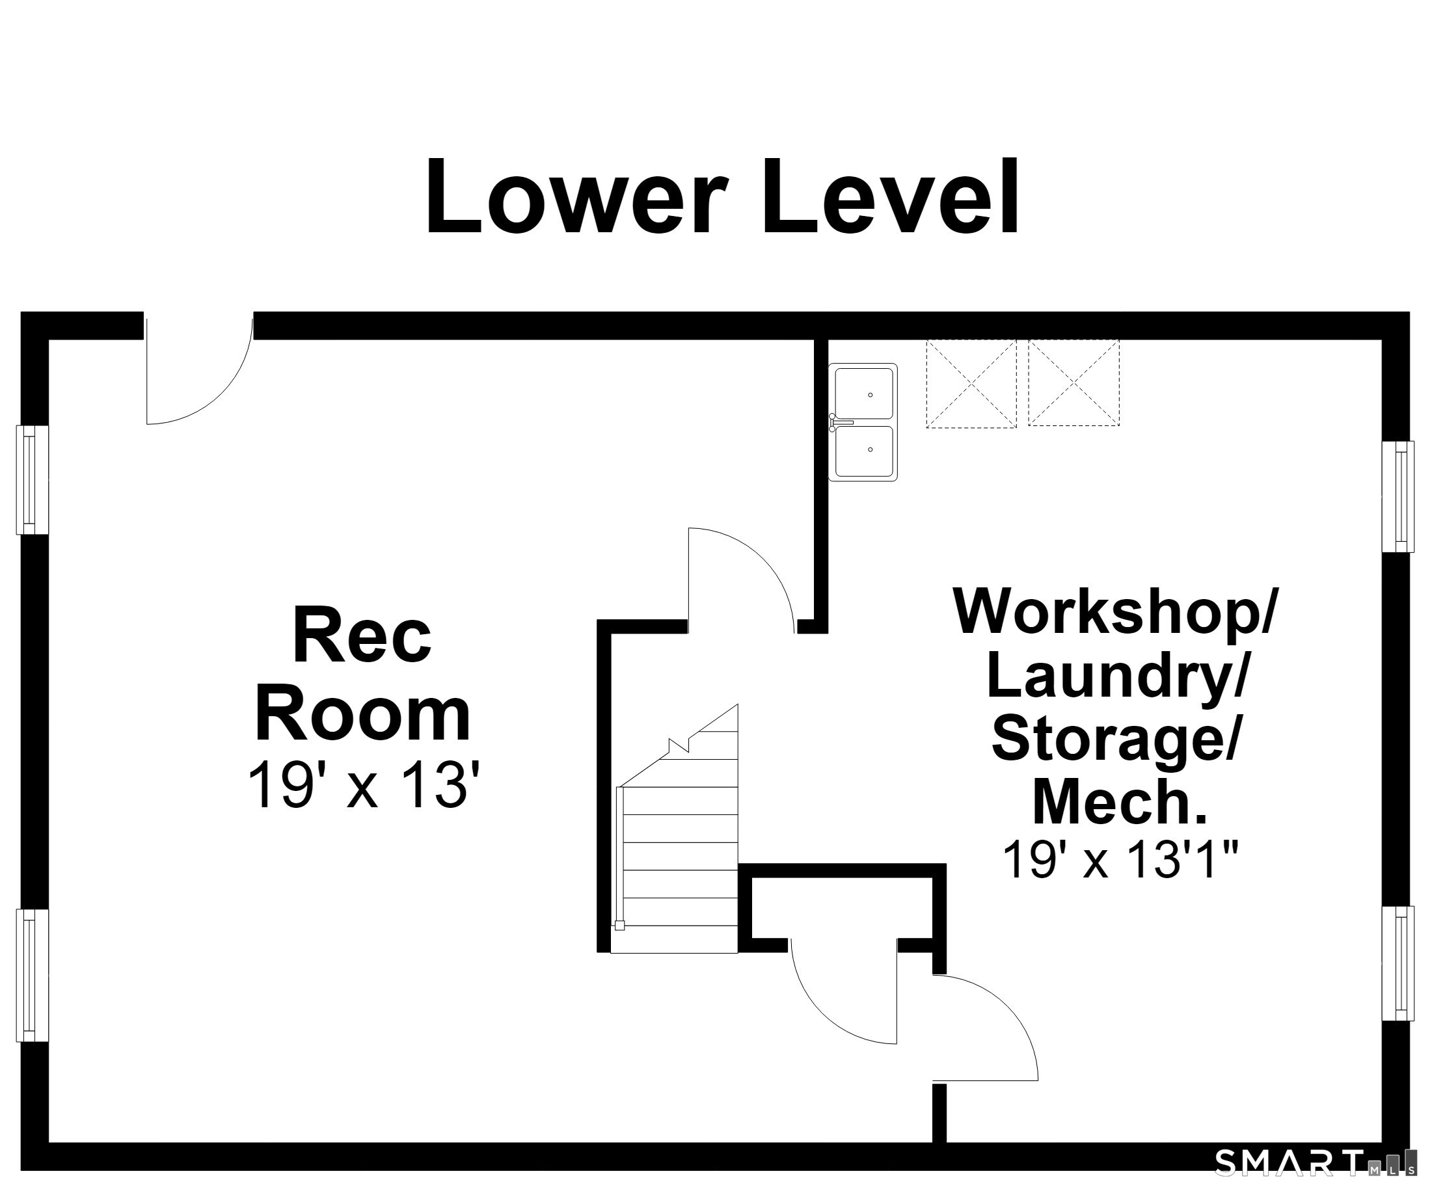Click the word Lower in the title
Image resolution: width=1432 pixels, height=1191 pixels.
(x=576, y=196)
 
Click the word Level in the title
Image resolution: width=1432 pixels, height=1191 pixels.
(x=891, y=196)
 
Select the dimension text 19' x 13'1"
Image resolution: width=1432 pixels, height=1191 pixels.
(x=1120, y=860)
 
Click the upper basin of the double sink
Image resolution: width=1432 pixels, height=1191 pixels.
(x=864, y=394)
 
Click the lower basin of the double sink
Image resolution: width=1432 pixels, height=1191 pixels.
(x=864, y=451)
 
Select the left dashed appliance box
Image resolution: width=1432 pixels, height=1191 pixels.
(x=971, y=384)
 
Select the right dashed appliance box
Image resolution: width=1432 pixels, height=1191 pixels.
(x=1074, y=383)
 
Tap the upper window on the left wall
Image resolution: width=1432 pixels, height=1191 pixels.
(x=32, y=480)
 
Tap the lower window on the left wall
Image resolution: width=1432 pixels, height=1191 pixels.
(x=32, y=976)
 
